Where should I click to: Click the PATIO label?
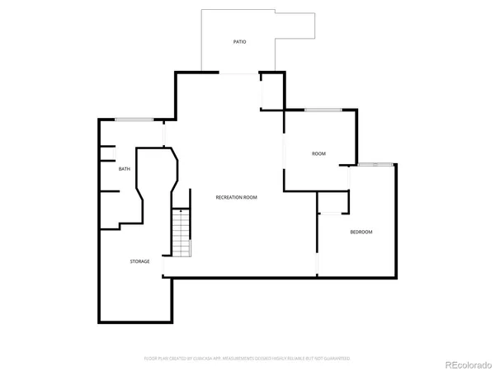239,42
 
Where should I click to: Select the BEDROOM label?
361,232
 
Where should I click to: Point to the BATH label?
125,169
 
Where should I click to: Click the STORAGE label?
139,261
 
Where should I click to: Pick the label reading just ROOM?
318,154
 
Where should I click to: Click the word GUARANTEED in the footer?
336,359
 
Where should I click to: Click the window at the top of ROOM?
323,110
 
